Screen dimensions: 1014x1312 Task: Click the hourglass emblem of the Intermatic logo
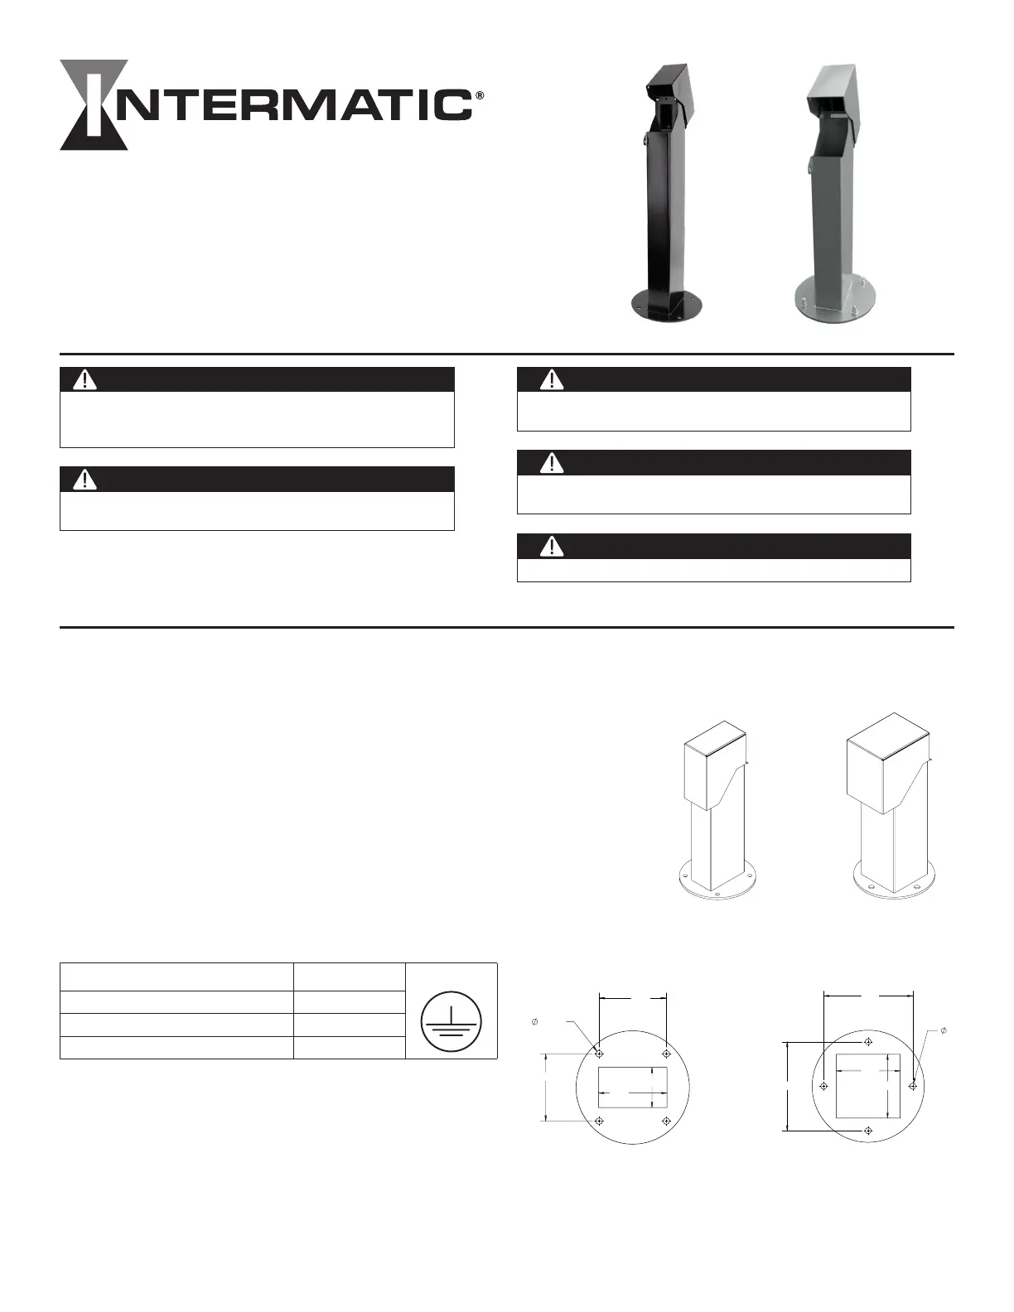pyautogui.click(x=94, y=104)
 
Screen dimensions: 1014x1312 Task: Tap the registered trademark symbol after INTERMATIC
pyautogui.click(x=480, y=96)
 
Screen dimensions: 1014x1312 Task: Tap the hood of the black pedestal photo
pyautogui.click(x=670, y=89)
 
